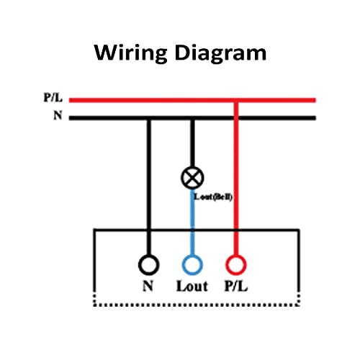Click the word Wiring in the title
click(131, 53)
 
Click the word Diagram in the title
click(220, 53)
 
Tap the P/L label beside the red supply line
click(53, 98)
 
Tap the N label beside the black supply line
click(58, 115)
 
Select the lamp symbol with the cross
click(192, 178)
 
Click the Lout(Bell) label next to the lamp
click(213, 197)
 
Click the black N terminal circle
click(149, 265)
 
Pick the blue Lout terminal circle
click(192, 265)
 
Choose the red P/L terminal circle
click(236, 265)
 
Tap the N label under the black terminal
click(148, 286)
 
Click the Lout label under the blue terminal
click(192, 286)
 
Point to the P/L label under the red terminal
click(235, 286)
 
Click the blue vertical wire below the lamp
click(192, 222)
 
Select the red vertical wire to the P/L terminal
click(236, 179)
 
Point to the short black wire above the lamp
click(192, 143)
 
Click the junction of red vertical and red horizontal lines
click(236, 100)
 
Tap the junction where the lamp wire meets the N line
click(192, 118)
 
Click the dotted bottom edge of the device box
click(197, 305)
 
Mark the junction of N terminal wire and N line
click(149, 118)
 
